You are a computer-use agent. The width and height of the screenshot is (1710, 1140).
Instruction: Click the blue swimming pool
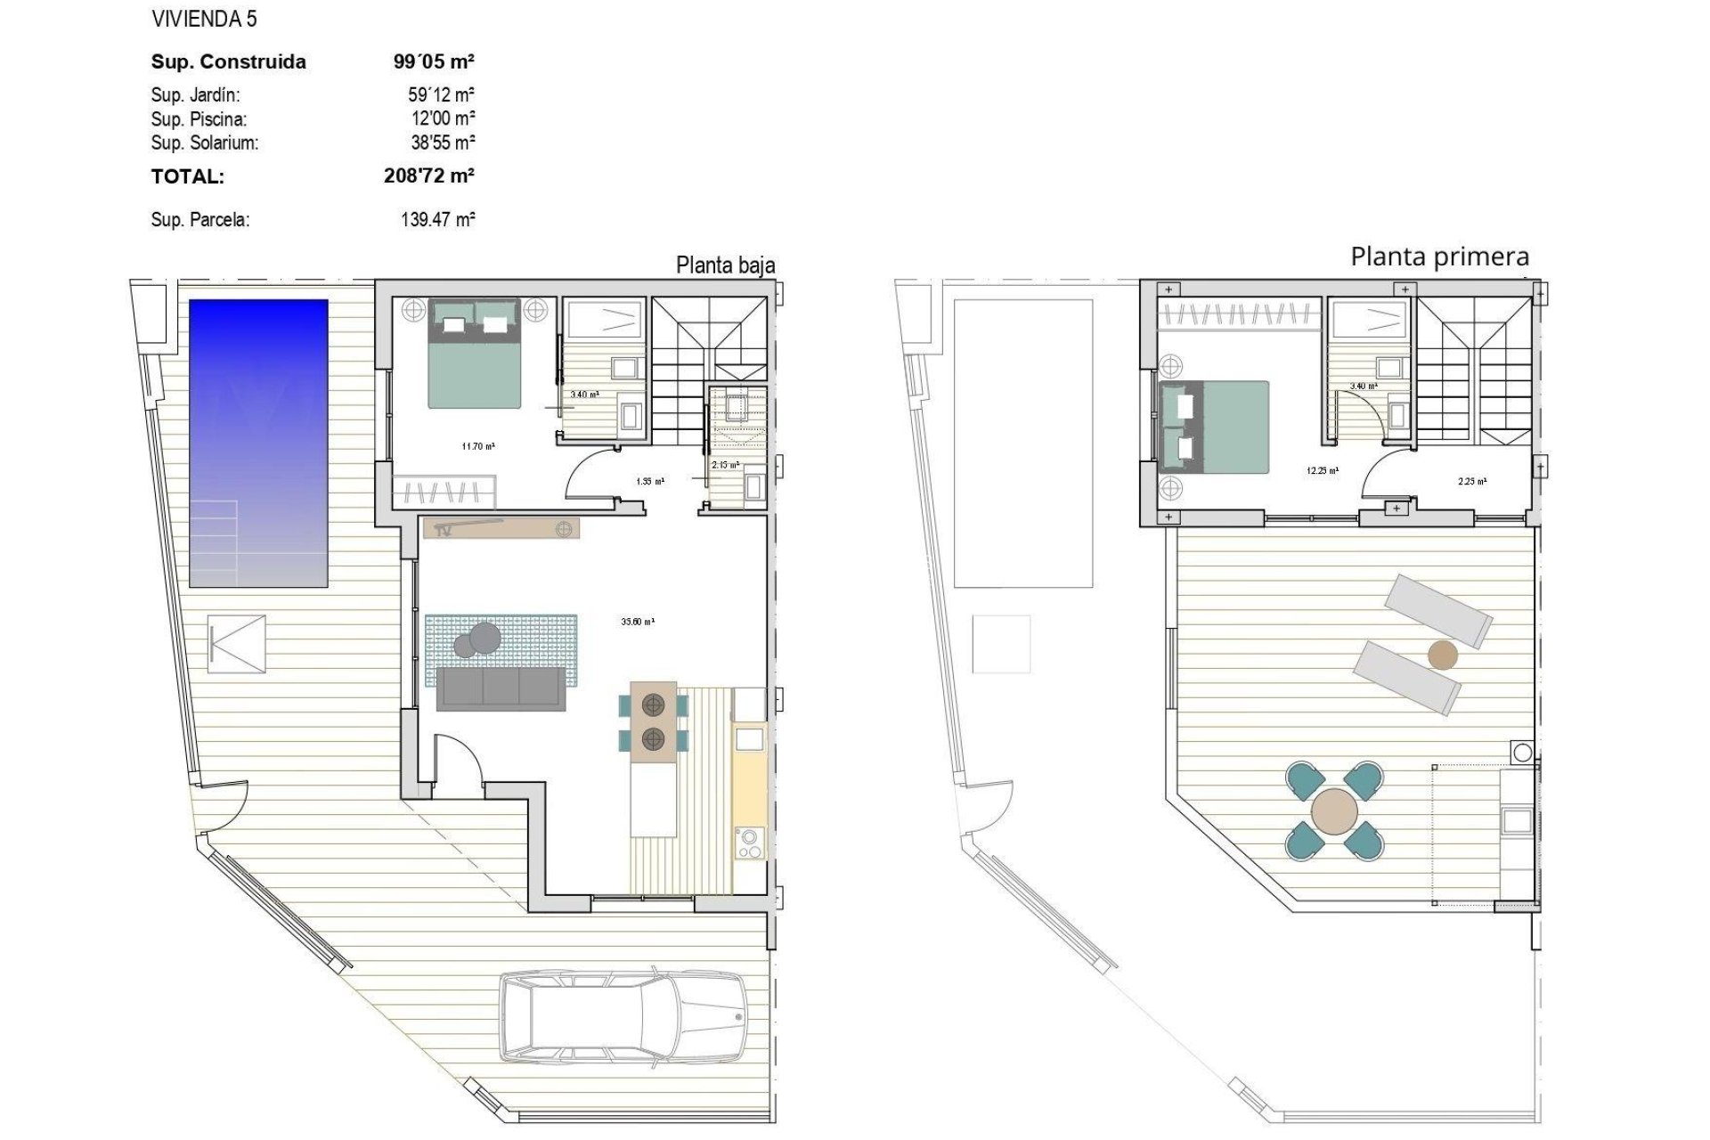coord(258,443)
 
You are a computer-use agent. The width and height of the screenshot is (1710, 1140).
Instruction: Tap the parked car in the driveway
coord(623,1017)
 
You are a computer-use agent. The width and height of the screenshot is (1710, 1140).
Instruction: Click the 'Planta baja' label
coord(725,265)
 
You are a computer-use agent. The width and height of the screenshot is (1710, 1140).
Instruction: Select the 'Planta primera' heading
coord(1439,256)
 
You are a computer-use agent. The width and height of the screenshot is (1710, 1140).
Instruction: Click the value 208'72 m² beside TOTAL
coord(428,175)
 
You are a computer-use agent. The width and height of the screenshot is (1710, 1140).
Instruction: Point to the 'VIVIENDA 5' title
coord(204,18)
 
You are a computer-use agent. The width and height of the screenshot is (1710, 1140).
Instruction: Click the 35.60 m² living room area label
coord(638,622)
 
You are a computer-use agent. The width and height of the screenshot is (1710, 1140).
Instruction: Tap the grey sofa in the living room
coord(501,688)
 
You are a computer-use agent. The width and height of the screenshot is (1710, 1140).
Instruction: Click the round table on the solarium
coord(1335,811)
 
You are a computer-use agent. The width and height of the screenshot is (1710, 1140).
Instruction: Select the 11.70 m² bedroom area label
coord(478,446)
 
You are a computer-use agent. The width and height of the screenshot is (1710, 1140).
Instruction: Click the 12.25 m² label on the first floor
coord(1323,471)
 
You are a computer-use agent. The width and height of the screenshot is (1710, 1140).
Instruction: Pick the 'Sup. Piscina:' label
coord(199,118)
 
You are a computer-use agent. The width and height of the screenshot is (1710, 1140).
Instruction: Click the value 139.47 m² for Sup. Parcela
coord(437,219)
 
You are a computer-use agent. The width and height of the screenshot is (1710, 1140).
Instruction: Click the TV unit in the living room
coord(501,528)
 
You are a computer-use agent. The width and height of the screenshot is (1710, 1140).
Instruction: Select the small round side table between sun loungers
coord(1443,655)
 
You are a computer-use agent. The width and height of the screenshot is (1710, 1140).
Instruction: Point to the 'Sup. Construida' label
coord(229,61)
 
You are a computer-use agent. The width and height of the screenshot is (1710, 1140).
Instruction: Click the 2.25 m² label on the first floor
coord(1471,481)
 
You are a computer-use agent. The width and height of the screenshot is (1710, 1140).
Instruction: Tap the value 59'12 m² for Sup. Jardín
coord(441,94)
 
